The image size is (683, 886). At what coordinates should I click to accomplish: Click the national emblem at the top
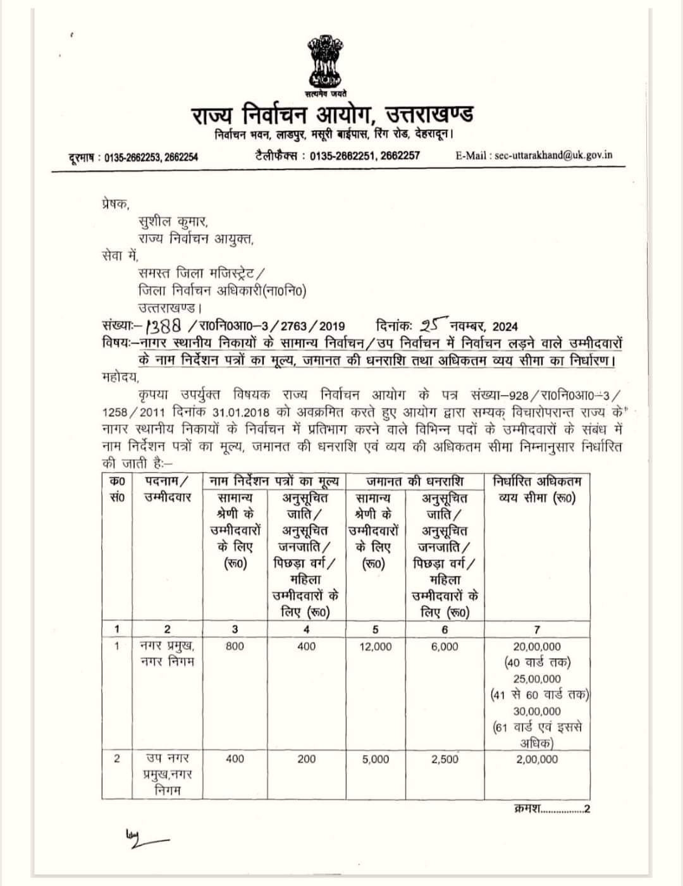pos(324,61)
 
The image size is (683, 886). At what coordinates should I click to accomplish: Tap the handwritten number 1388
pos(164,325)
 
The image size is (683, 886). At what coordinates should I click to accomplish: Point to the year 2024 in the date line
pos(505,326)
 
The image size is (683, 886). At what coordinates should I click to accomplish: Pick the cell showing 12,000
pos(376,646)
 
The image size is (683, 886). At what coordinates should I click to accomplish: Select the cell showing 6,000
pos(445,646)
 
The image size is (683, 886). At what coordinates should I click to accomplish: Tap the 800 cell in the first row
pos(235,646)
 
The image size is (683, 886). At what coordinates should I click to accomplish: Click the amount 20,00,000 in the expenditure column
pos(537,646)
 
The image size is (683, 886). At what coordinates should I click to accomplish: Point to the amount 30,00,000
pos(537,711)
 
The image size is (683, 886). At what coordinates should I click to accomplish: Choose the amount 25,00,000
pos(537,679)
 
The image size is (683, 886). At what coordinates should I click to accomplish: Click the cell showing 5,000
pos(376,759)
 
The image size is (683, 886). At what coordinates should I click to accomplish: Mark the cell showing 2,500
pos(445,759)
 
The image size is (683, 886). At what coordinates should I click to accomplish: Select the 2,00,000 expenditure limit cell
pos(537,759)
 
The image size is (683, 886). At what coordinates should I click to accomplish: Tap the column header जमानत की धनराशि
pos(415,481)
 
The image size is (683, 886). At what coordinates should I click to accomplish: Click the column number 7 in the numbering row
pos(537,629)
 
